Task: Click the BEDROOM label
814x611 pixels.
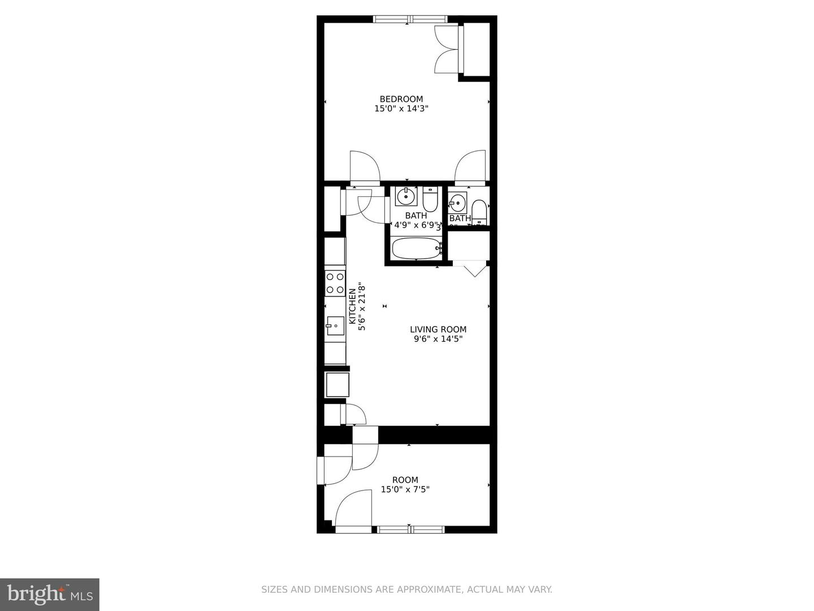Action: (401, 99)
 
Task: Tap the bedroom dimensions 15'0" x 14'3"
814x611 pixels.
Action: (401, 109)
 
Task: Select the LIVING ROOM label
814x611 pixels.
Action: (438, 329)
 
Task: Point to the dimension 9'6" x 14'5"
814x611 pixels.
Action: (438, 339)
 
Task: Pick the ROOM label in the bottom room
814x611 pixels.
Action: (405, 480)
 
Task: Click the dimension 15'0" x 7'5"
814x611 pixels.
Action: (405, 489)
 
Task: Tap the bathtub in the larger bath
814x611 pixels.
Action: (417, 248)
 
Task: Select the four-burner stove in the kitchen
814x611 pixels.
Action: (335, 283)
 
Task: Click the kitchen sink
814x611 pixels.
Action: (335, 325)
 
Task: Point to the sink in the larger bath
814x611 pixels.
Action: (405, 197)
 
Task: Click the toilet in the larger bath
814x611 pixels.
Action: (431, 199)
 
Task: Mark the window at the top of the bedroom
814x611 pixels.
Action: (410, 19)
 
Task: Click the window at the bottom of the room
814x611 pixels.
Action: (411, 530)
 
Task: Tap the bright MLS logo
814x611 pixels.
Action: (50, 594)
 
